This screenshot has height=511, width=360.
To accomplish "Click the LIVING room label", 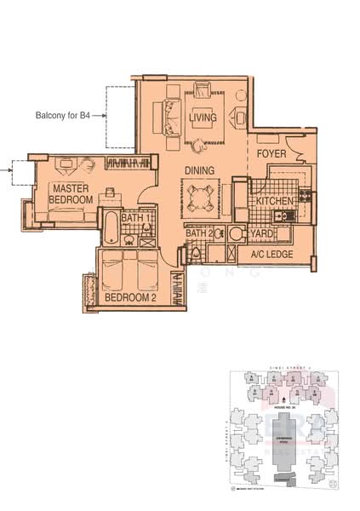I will (x=203, y=117).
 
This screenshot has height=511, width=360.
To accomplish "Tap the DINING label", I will (x=199, y=170).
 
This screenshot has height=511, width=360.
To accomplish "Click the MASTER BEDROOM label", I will (x=71, y=193).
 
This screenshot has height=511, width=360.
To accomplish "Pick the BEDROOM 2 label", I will (x=129, y=297).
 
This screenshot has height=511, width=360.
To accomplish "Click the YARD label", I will (x=260, y=233).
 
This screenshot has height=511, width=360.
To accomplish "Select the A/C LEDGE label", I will (x=271, y=255).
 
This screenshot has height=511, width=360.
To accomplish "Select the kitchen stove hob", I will (x=304, y=202).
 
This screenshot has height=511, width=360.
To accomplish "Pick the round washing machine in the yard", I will (x=237, y=233).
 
